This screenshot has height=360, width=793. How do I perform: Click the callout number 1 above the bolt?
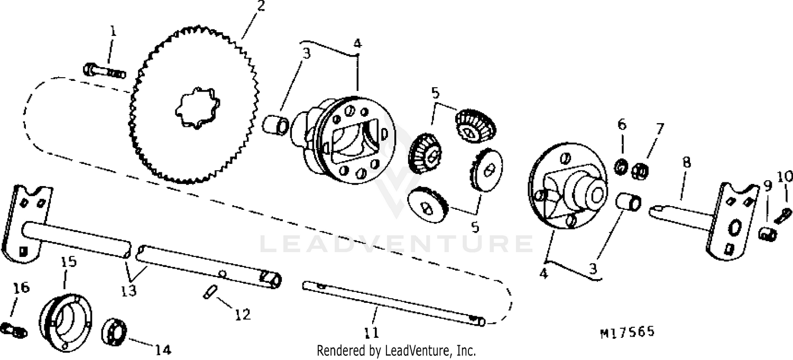[113, 32]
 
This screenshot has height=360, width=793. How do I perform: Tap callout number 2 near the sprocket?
[261, 6]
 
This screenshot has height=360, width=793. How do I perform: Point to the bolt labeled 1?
[104, 71]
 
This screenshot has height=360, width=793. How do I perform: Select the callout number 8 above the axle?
[686, 162]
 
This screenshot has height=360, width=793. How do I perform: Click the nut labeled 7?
[640, 171]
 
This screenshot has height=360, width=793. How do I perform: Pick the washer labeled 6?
[621, 167]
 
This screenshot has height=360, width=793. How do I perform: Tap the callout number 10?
[785, 177]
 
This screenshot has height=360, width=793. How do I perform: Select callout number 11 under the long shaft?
[371, 333]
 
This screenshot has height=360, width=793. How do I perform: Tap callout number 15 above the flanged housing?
[69, 262]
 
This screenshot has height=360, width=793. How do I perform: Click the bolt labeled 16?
[13, 329]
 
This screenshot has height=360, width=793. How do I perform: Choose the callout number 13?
[128, 291]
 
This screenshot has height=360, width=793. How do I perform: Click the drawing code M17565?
[628, 332]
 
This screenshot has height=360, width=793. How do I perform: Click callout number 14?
[163, 350]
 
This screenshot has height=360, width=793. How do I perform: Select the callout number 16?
[21, 288]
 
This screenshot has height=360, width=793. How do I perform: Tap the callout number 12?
[243, 315]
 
